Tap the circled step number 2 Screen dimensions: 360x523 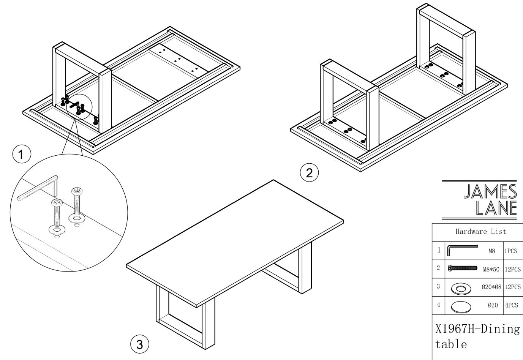click(309, 173)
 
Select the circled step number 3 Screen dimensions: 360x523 click(139, 344)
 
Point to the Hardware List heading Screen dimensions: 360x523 click(480, 231)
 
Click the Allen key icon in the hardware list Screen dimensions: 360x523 click(462, 250)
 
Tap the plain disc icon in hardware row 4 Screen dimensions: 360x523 click(460, 306)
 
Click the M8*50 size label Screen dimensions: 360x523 click(491, 269)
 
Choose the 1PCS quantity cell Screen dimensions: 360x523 click(511, 251)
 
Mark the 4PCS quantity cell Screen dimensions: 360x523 click(511, 305)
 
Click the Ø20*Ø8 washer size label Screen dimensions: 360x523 click(491, 287)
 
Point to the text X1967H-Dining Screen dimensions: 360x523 click(477, 329)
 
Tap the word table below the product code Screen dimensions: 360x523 click(451, 345)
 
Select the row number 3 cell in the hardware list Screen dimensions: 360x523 click(438, 287)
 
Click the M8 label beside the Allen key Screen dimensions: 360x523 click(492, 251)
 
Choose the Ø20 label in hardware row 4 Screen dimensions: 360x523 click(493, 305)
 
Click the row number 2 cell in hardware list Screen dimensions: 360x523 click(438, 268)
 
